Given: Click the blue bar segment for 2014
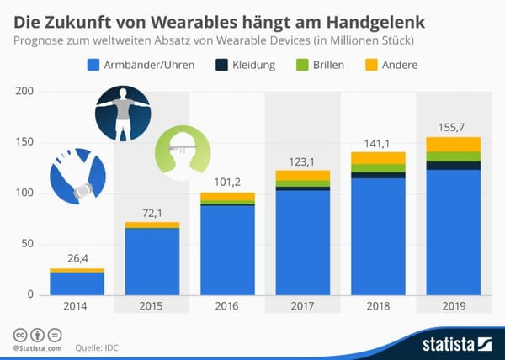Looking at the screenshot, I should pos(77,283).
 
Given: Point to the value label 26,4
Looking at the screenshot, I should pos(77,259).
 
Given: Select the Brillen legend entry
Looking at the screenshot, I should pos(325,64).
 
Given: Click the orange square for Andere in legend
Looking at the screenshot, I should pos(370,64).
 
